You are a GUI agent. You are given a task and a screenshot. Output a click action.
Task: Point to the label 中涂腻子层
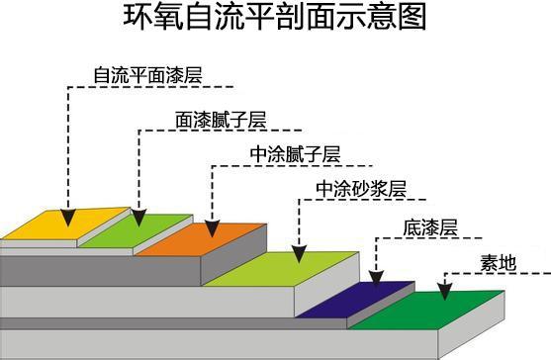coord(296,155)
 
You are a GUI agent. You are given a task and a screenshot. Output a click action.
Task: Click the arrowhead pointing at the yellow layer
coord(67,216)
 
